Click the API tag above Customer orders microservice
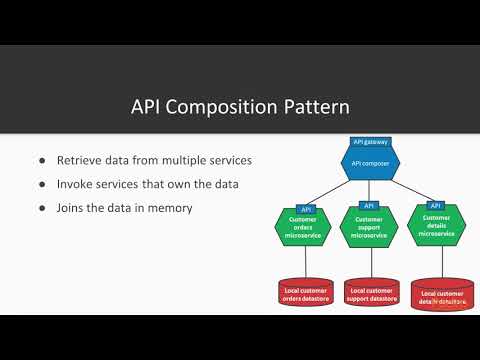point(307,208)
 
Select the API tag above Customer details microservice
point(435,205)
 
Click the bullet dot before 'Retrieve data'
point(41,159)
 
